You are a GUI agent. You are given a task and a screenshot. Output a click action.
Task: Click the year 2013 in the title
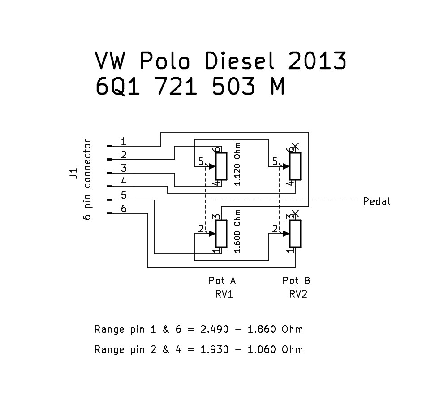(317, 61)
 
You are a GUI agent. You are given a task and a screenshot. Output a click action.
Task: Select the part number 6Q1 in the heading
(119, 87)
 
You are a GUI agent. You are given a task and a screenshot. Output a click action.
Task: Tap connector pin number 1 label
(123, 142)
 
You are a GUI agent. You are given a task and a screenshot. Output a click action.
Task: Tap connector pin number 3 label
(124, 169)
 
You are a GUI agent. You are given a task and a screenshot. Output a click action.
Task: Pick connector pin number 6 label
(124, 209)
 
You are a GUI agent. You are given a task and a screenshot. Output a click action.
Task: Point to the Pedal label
(377, 202)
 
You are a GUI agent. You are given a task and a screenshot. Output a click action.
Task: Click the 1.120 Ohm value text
(237, 164)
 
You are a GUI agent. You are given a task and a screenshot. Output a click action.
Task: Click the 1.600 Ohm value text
(237, 231)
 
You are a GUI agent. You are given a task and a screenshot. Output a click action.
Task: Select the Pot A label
(222, 281)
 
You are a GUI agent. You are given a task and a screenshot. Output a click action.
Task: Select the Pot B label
(296, 281)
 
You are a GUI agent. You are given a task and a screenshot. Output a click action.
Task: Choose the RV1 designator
(224, 295)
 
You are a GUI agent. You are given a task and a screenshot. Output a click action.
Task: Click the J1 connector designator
(73, 174)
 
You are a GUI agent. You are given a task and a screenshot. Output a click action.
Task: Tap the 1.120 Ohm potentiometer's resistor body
(221, 166)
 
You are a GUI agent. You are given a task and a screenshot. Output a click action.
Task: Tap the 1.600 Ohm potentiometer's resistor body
(221, 234)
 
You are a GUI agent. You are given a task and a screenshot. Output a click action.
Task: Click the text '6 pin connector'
(87, 180)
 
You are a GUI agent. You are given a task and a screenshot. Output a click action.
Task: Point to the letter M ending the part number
(277, 87)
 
